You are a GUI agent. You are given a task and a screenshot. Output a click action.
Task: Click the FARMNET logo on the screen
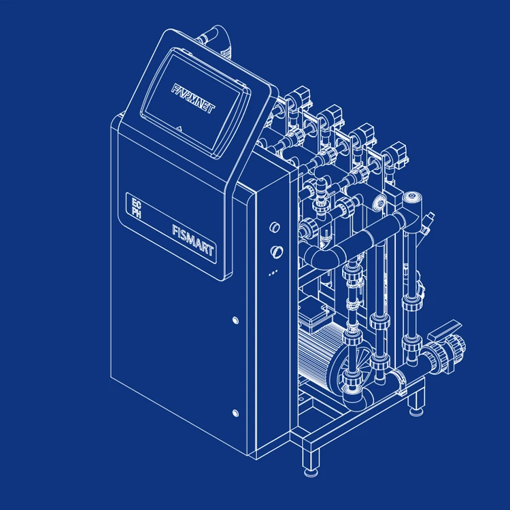coord(194,98)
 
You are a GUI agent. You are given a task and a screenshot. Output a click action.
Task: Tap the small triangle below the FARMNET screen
coord(180,128)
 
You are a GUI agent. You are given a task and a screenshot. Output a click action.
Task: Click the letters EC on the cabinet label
coord(137,203)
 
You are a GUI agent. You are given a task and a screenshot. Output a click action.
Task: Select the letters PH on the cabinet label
coord(137,213)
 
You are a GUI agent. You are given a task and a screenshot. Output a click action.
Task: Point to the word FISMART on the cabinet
coord(193,240)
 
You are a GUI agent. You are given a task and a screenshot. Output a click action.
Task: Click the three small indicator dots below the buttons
coord(273,273)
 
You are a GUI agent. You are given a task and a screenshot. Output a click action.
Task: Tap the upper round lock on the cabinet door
coord(235,320)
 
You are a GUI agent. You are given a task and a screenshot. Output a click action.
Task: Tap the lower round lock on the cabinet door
coord(235,413)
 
